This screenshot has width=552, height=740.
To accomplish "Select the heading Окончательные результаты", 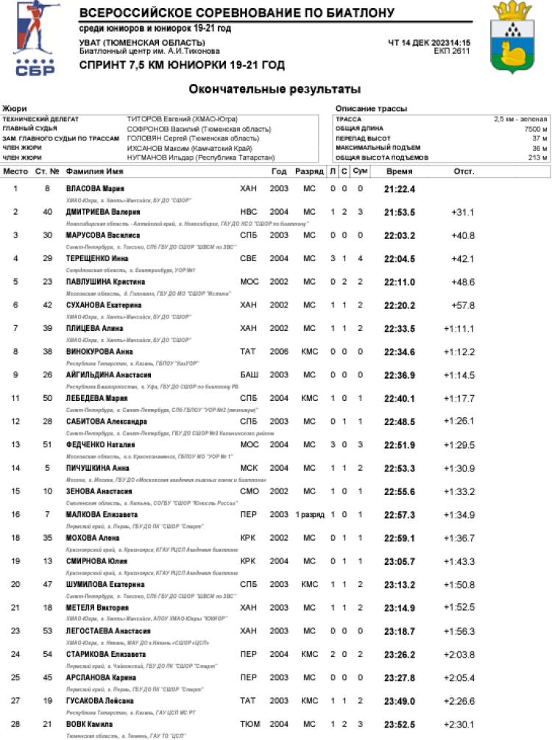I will tap(275, 89).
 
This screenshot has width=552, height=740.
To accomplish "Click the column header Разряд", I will tap(309, 171).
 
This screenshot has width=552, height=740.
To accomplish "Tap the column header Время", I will tap(400, 171).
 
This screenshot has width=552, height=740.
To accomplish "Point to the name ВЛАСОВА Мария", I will tap(95, 189).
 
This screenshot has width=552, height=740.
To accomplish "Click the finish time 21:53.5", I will tap(400, 213).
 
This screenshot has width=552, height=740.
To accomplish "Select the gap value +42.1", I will tap(463, 259).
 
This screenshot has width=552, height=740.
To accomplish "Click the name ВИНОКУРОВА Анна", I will tap(99, 352).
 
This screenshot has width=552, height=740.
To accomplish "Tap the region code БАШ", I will tap(250, 375).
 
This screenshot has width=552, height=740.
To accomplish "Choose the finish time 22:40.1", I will tap(400, 399).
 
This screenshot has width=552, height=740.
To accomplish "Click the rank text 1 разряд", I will tap(309, 515).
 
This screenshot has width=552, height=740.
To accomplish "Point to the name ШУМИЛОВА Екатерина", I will tap(105, 585).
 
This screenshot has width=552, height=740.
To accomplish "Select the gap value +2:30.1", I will tap(459, 724).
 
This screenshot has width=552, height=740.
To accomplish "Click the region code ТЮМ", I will tap(250, 724).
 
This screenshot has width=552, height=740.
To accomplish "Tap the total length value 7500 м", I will tap(535, 128).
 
